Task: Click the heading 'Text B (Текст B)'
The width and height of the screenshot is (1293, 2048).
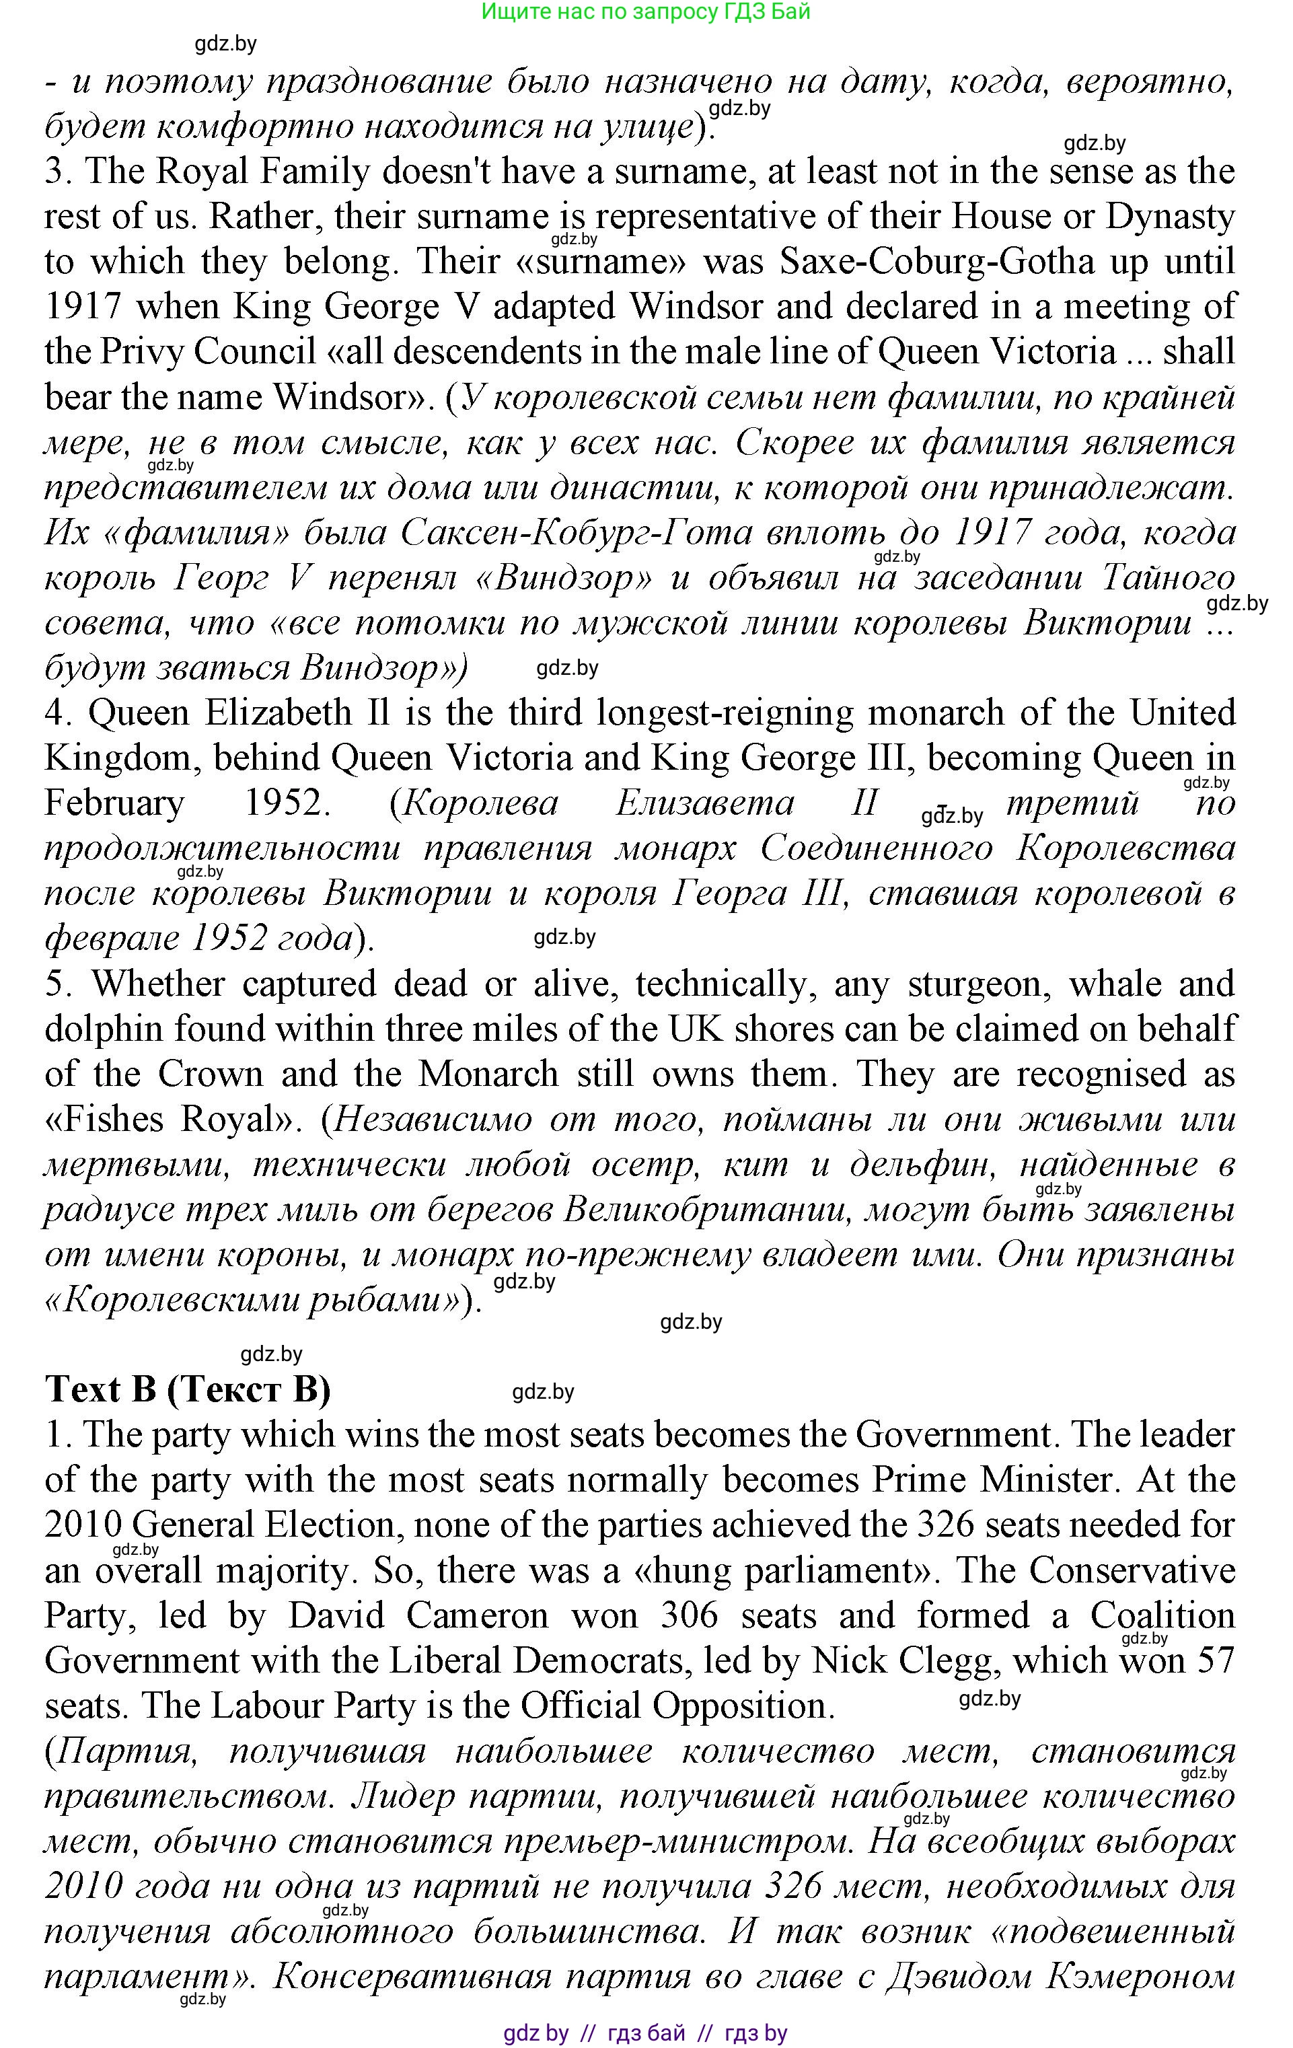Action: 187,1390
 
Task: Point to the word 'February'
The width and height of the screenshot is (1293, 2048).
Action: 114,803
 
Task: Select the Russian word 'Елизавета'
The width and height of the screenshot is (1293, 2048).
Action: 704,803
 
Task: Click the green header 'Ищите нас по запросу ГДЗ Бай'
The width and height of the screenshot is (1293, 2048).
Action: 646,12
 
